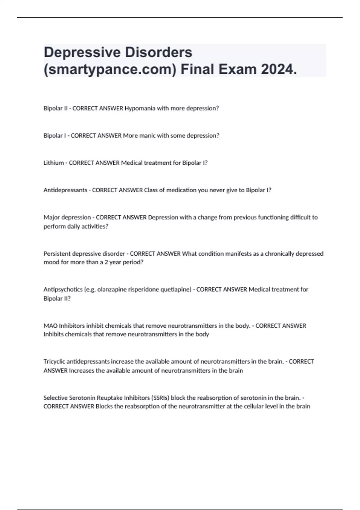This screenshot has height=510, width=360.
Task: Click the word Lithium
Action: [x=54, y=163]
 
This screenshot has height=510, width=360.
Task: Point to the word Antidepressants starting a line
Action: [x=65, y=190]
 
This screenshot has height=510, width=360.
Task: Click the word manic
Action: [x=147, y=136]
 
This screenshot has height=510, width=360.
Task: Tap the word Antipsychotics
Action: [x=63, y=289]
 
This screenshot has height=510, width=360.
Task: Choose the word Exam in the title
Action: [x=237, y=70]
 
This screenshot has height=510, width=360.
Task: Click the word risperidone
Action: [x=144, y=289]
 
